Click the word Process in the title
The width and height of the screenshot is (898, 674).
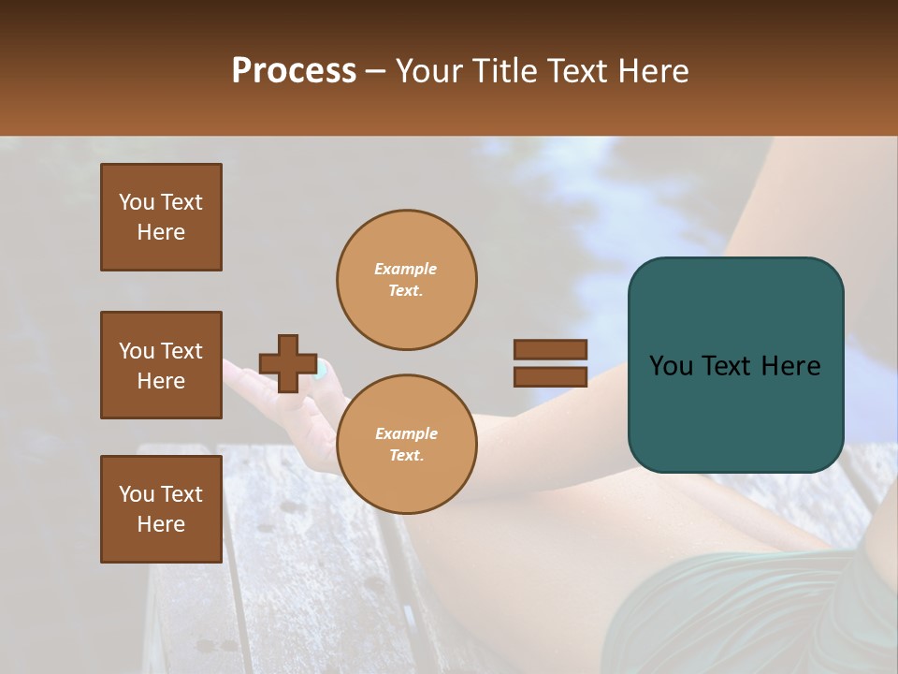tap(294, 71)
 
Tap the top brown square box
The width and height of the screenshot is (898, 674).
tap(161, 217)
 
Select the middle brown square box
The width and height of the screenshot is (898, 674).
tap(161, 365)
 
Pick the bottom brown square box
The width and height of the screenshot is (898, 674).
tap(161, 509)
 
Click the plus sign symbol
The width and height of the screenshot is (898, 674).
tap(288, 363)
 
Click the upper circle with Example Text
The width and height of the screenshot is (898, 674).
tap(406, 280)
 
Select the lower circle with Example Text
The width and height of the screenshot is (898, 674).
tap(406, 444)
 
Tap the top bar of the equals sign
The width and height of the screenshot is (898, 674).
tap(550, 349)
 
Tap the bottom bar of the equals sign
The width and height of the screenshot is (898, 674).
tap(550, 376)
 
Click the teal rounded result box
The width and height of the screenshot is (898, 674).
tap(735, 365)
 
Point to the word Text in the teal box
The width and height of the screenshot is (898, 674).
tap(729, 366)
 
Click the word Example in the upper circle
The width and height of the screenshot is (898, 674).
tap(405, 269)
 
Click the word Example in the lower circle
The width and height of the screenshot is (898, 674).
tap(406, 433)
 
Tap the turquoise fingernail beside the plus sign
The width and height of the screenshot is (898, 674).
tap(321, 370)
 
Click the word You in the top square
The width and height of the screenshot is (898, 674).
tap(137, 202)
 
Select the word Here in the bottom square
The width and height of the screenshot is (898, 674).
tap(161, 524)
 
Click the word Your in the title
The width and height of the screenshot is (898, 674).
tap(428, 71)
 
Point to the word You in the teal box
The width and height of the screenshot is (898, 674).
tap(671, 366)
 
